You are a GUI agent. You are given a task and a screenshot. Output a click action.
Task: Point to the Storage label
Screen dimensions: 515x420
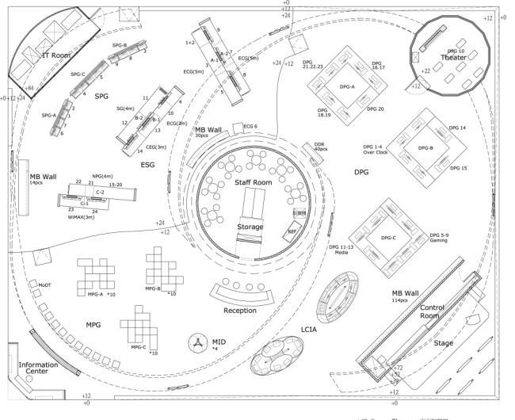pos(250,227)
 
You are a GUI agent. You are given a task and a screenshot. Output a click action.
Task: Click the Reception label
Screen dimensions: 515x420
pos(240,311)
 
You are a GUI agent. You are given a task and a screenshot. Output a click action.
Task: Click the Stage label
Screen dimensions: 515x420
pos(444,344)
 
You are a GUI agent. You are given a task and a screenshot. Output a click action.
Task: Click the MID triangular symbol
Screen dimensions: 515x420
pos(195,342)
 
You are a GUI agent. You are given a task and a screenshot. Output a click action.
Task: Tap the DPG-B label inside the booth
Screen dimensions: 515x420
pos(425,148)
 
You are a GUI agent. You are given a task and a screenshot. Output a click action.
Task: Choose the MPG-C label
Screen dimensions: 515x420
pos(139,346)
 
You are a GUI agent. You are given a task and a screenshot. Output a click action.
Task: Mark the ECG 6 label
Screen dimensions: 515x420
pos(250,127)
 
